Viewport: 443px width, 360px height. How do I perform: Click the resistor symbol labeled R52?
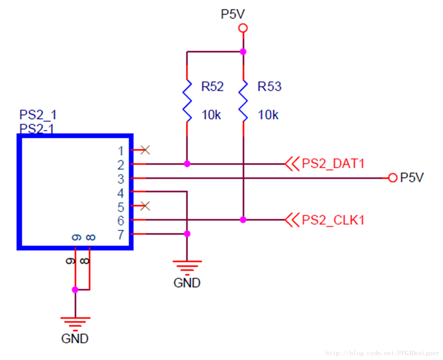pyautogui.click(x=187, y=101)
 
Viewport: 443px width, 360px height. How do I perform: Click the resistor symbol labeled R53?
pyautogui.click(x=243, y=101)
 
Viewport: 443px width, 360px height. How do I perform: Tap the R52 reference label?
pyautogui.click(x=212, y=86)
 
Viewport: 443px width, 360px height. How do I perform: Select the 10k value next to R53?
pyautogui.click(x=268, y=115)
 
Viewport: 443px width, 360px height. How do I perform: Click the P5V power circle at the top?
pyautogui.click(x=243, y=28)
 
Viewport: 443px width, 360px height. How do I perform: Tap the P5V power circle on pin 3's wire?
pyautogui.click(x=393, y=178)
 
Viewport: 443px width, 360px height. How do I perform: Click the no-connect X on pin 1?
pyautogui.click(x=145, y=150)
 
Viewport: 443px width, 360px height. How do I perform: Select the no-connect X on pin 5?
pyautogui.click(x=145, y=206)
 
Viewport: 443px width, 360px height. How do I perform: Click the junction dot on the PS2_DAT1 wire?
pyautogui.click(x=187, y=164)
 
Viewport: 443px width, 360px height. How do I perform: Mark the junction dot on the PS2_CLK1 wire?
pyautogui.click(x=243, y=220)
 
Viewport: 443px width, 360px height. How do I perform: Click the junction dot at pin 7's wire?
pyautogui.click(x=187, y=234)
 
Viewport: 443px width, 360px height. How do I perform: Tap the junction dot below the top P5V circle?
pyautogui.click(x=243, y=51)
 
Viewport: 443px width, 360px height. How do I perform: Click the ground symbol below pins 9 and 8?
pyautogui.click(x=75, y=324)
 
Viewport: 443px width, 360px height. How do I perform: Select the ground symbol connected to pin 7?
pyautogui.click(x=187, y=268)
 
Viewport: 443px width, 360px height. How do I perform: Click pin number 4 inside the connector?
pyautogui.click(x=120, y=193)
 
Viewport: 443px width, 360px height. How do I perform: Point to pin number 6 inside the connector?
pyautogui.click(x=120, y=220)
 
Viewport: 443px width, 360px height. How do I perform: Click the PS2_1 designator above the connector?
pyautogui.click(x=38, y=115)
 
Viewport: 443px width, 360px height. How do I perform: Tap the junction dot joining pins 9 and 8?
pyautogui.click(x=75, y=289)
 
